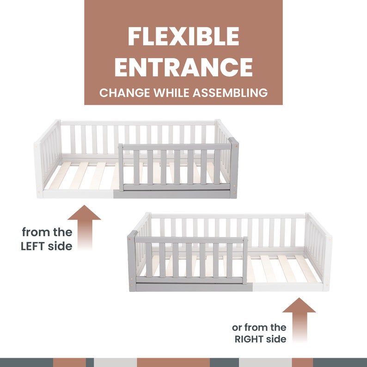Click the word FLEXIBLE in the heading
(183, 36)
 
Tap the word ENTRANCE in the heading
(183, 67)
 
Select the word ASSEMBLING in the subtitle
(230, 93)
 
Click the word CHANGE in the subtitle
(125, 93)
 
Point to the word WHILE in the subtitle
(171, 93)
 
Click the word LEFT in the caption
(32, 246)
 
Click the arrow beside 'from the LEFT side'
(84, 227)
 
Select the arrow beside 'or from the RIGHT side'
(299, 320)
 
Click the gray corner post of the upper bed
(234, 168)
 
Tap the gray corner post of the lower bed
(132, 261)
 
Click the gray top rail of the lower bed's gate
(189, 240)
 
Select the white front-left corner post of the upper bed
(38, 170)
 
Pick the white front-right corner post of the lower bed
(327, 263)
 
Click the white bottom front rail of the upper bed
(79, 194)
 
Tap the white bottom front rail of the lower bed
(288, 287)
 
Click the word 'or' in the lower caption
(236, 328)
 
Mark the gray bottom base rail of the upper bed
(171, 194)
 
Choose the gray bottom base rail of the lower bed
(194, 287)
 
